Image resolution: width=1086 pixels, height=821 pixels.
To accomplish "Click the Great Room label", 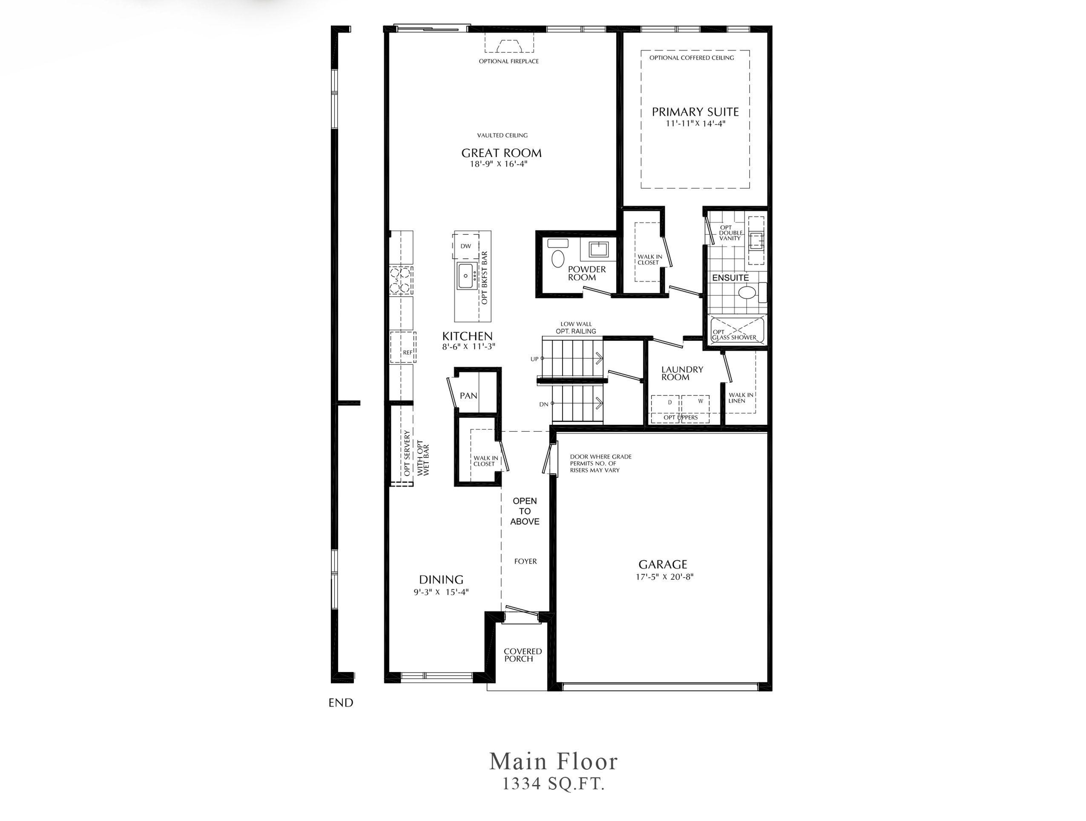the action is pos(501,153).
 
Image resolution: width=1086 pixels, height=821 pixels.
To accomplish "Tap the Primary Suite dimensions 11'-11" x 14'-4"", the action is pos(695,124).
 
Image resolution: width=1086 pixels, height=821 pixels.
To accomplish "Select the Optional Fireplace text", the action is pos(509,61).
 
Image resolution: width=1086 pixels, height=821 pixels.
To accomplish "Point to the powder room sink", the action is pos(598,249).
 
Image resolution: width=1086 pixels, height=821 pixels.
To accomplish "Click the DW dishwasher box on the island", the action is pos(465,246).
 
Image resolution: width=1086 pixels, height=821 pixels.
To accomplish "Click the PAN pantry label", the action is pos(468,395).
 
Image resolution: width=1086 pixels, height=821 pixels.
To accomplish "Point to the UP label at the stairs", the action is pos(534,359).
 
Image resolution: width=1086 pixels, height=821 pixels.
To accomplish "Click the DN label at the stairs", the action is pos(543,404).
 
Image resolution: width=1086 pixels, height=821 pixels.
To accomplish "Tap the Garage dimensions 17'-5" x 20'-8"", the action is pos(664,577).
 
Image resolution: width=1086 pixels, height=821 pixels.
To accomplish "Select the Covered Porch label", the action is pos(523,655).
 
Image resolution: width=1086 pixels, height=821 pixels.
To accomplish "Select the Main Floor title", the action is pos(553,761).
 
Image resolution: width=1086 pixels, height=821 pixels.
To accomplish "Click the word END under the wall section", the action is pos(341,703).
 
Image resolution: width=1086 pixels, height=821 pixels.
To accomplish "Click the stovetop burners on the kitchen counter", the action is pos(401,280).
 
